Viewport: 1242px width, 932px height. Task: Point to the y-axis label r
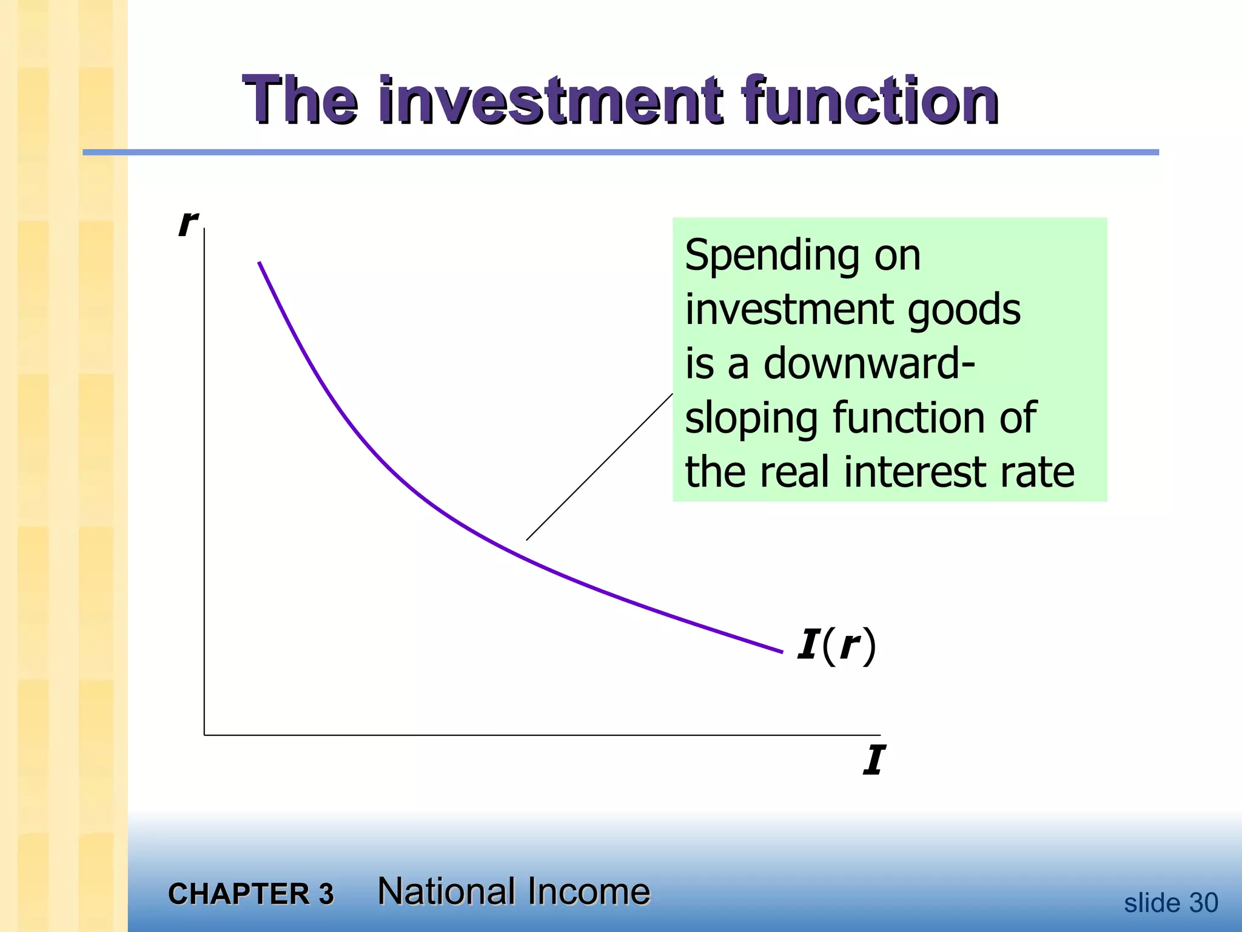tap(187, 223)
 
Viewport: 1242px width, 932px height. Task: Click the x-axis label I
tap(874, 760)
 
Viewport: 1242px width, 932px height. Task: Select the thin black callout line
tap(599, 467)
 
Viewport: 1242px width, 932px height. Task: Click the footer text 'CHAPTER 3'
tap(250, 894)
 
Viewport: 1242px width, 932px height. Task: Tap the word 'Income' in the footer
tap(588, 891)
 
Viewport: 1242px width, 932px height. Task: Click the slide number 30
tap(1203, 903)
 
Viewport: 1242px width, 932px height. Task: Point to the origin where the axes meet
tap(204, 735)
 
